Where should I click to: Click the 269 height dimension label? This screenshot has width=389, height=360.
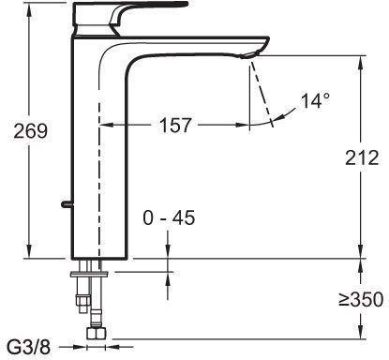(x=30, y=131)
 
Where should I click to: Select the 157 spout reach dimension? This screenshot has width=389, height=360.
(x=175, y=126)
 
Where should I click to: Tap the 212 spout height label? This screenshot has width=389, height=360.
(x=362, y=157)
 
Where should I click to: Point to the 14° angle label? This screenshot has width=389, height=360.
(x=315, y=100)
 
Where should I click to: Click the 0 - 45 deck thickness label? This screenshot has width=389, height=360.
(x=169, y=217)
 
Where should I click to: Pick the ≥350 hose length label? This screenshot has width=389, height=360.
(x=361, y=299)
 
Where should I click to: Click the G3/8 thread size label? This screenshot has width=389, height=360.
(x=29, y=347)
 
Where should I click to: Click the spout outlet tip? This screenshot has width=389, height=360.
(x=250, y=55)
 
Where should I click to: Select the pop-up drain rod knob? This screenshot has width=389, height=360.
(x=67, y=204)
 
